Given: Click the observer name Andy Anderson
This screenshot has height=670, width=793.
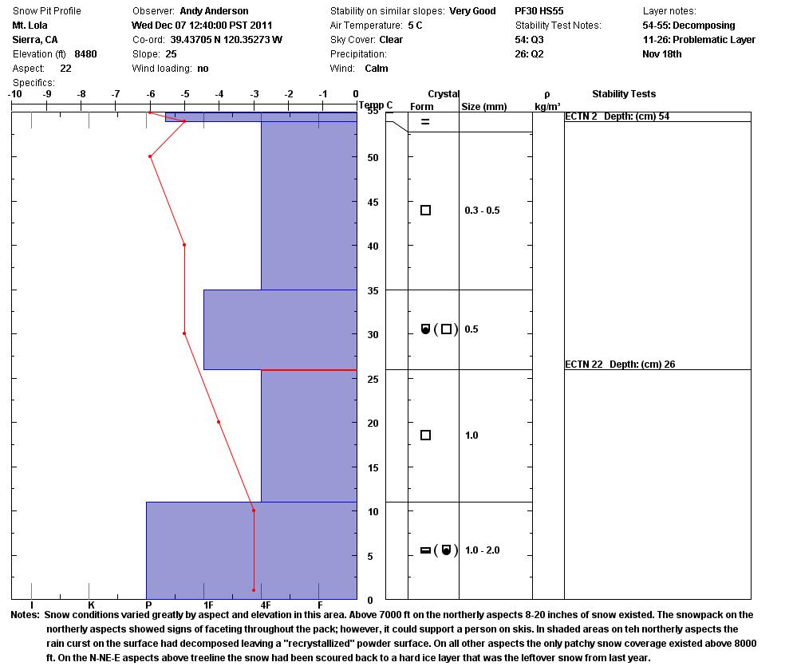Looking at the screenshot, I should tap(214, 11).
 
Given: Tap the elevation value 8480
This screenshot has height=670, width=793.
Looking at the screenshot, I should tap(85, 54).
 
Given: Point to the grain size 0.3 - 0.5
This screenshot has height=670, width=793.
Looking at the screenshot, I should tap(482, 211).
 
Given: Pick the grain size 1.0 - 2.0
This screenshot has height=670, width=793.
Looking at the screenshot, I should tap(482, 550).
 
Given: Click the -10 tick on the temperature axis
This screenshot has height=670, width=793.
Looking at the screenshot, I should tap(14, 94).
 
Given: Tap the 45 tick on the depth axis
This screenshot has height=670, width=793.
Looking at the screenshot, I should tap(373, 202).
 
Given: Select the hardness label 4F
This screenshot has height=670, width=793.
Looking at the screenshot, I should tap(266, 605).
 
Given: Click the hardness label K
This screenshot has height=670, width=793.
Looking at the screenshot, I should tap(90, 605).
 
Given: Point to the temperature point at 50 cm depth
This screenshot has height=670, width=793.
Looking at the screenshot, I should tap(150, 156).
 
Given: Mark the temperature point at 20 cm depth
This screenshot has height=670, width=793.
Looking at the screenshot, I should tap(219, 422).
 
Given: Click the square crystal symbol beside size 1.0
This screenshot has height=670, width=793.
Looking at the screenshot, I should tap(425, 436).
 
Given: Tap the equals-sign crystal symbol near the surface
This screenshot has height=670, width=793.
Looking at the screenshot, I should tap(425, 122).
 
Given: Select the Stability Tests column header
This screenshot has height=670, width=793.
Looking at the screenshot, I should tap(624, 94).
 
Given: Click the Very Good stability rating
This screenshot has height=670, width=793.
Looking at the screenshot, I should tap(472, 11).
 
